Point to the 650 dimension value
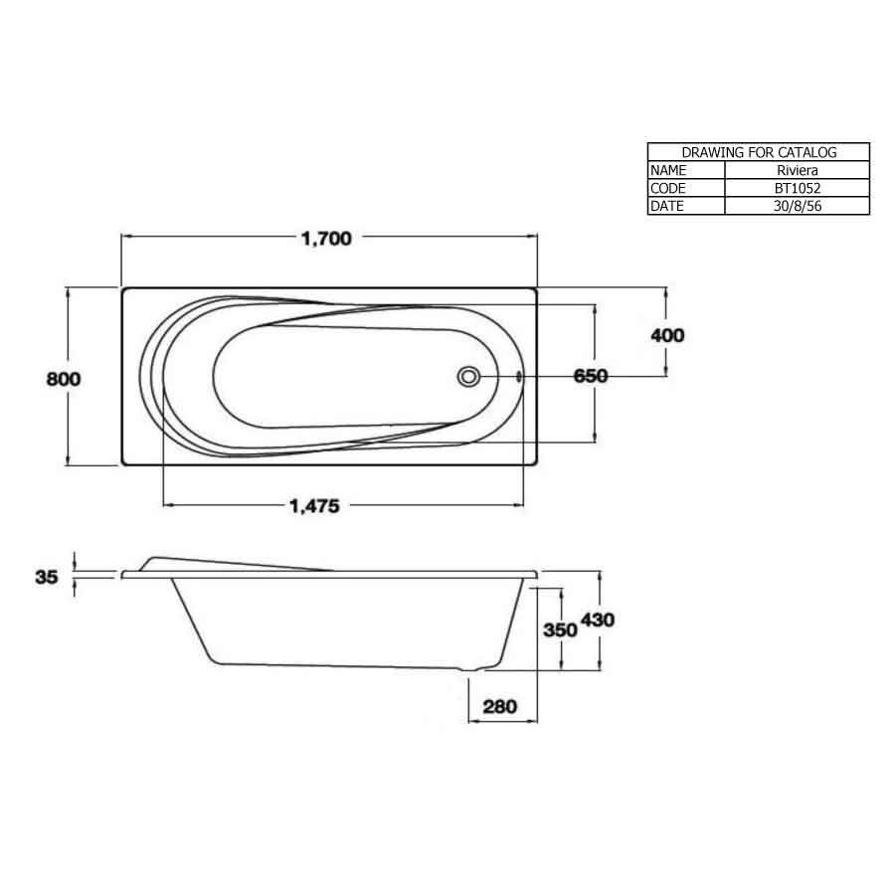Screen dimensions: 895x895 (x=591, y=376)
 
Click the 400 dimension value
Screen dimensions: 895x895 (x=667, y=335)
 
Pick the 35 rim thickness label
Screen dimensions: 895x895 (x=47, y=576)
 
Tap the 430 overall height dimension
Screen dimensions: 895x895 (x=599, y=620)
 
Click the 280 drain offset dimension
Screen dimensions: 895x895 (x=501, y=707)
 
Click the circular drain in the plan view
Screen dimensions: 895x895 (x=469, y=377)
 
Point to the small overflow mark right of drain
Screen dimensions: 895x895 (x=519, y=377)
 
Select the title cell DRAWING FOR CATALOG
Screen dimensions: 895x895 (x=759, y=152)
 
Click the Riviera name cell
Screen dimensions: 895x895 (x=797, y=170)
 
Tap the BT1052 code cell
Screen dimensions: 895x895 (x=797, y=188)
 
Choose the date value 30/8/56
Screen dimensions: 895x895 (x=797, y=206)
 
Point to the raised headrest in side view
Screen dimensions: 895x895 (x=199, y=561)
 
